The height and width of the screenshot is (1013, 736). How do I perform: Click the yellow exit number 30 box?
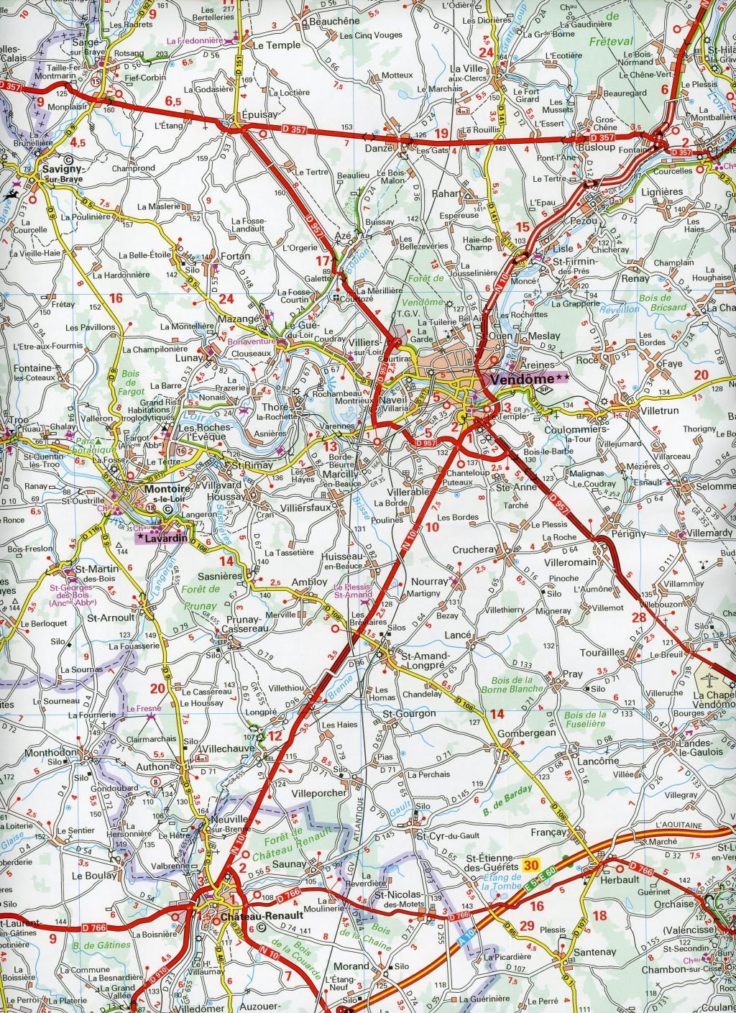click(531, 865)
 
